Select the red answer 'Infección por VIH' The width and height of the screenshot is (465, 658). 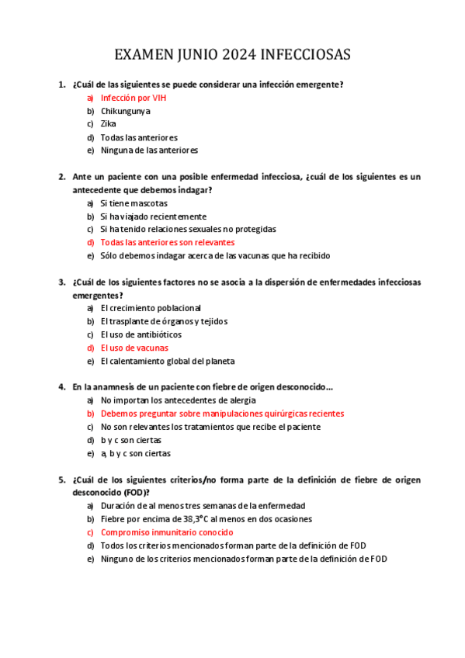pos(134,98)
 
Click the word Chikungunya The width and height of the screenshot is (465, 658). pos(126,111)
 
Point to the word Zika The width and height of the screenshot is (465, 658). pos(109,123)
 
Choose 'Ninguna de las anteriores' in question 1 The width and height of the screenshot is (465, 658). pos(149,150)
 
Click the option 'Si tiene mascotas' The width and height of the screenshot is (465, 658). pos(134,203)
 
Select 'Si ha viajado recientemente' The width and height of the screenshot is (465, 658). pos(153,216)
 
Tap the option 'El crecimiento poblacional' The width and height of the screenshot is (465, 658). pos(151,308)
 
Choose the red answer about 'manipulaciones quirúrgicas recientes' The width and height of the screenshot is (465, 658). pos(222,414)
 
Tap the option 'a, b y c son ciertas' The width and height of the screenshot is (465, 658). pos(136,453)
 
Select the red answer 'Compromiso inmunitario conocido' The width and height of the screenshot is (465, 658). pos(166,532)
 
